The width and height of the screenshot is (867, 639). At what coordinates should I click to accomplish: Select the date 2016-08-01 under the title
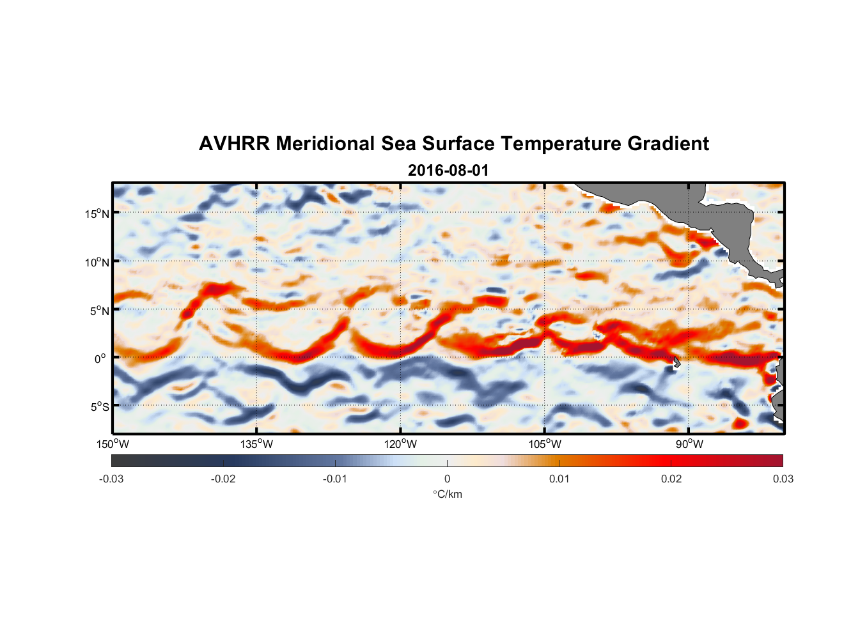click(x=448, y=171)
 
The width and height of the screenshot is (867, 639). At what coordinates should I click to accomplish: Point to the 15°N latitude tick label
click(x=97, y=213)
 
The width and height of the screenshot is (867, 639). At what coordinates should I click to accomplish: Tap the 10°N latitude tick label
click(x=97, y=262)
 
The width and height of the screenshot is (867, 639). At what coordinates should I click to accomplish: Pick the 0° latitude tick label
click(x=100, y=359)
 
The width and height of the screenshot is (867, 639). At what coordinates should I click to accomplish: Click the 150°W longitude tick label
click(x=113, y=444)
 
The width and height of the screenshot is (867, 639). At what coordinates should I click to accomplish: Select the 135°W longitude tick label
click(x=257, y=444)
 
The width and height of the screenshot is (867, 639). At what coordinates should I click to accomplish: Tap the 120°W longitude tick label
click(x=401, y=444)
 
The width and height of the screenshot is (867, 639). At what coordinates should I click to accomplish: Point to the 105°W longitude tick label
click(x=545, y=444)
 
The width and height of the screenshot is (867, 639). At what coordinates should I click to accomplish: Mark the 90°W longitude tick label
click(x=689, y=444)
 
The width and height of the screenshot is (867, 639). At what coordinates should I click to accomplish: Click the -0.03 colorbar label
click(x=111, y=479)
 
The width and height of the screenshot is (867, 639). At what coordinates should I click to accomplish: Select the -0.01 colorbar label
click(x=335, y=479)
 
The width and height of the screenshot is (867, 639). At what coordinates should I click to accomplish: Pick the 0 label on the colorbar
click(x=447, y=479)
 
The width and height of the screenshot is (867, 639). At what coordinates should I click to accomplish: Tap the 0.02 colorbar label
click(x=671, y=479)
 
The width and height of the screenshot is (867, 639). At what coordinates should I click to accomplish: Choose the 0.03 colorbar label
click(x=783, y=479)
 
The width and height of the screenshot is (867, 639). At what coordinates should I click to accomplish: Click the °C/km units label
click(x=447, y=494)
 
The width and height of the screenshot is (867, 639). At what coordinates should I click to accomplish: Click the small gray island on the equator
click(x=676, y=362)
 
